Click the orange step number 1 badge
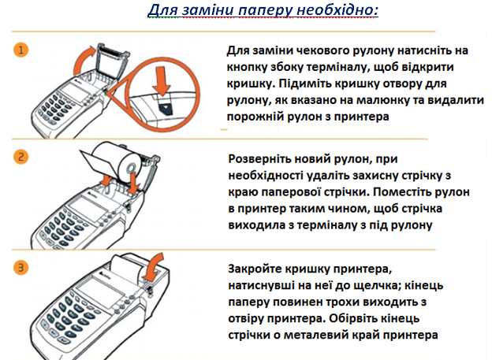coord(21,50)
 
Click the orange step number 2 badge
coord(21,157)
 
